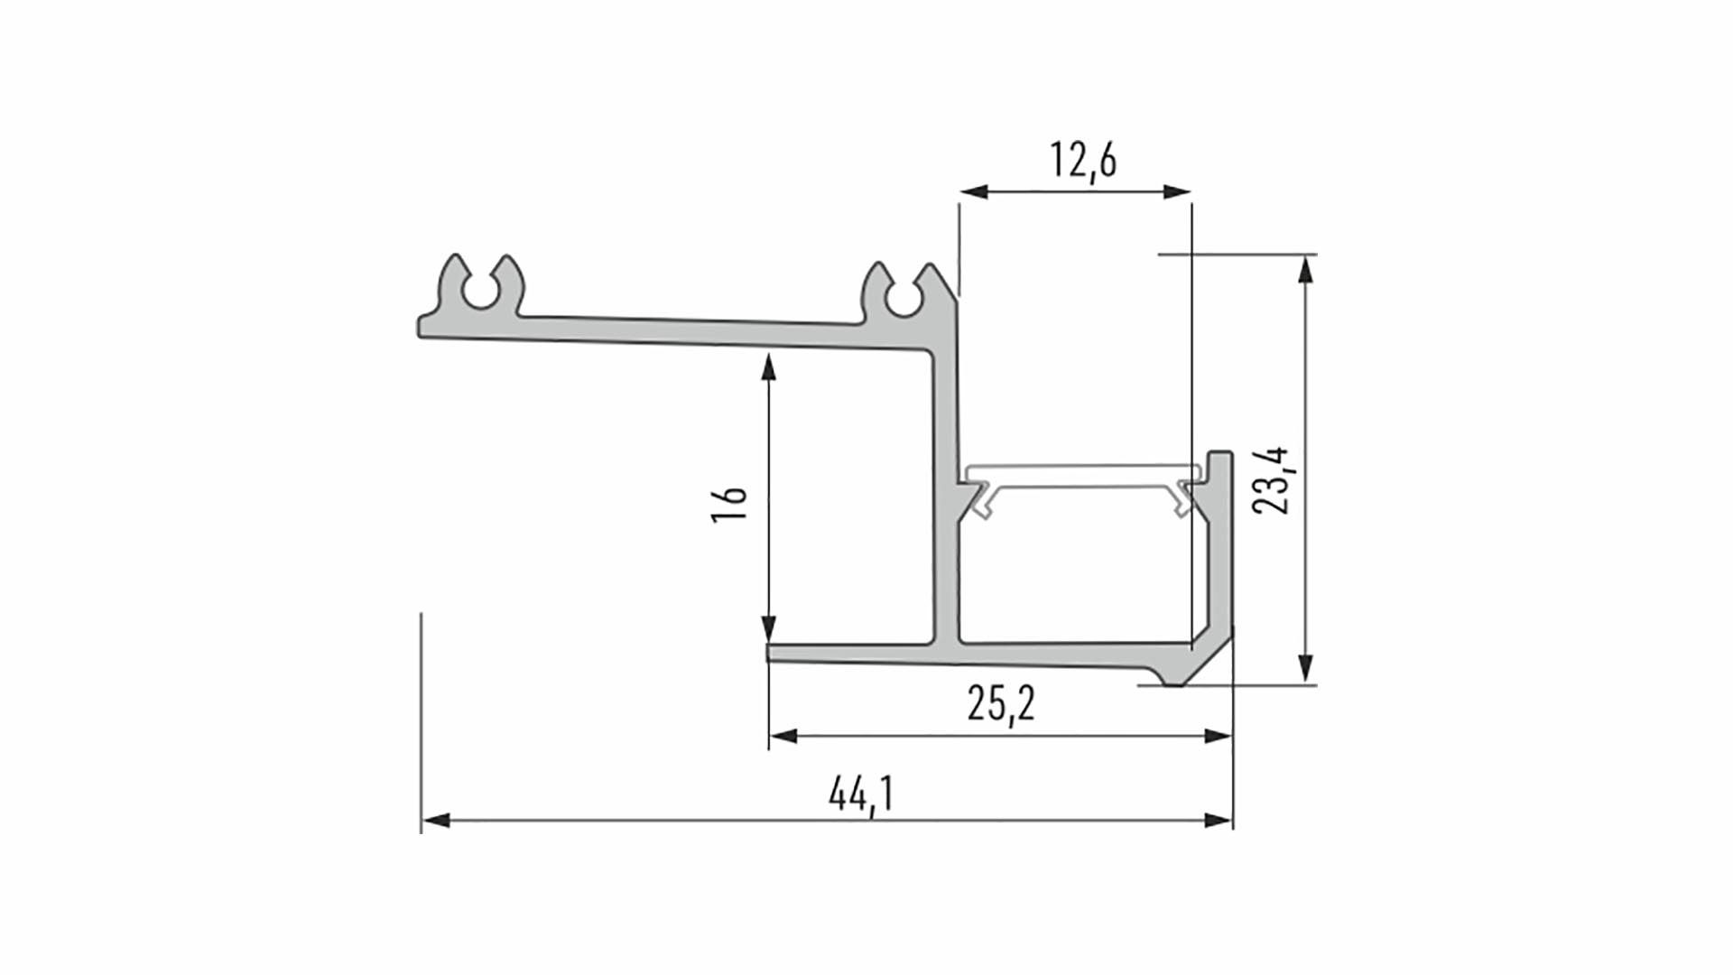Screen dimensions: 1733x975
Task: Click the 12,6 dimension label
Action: click(1082, 162)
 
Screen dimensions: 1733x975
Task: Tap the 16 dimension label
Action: click(729, 504)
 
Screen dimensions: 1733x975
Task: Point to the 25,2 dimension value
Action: click(1001, 704)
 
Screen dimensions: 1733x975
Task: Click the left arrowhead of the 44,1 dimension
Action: click(435, 821)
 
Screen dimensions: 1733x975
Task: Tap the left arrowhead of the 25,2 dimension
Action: click(783, 737)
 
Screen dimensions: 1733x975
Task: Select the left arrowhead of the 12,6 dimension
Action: click(974, 191)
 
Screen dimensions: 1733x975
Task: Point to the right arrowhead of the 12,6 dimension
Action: click(1178, 191)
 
